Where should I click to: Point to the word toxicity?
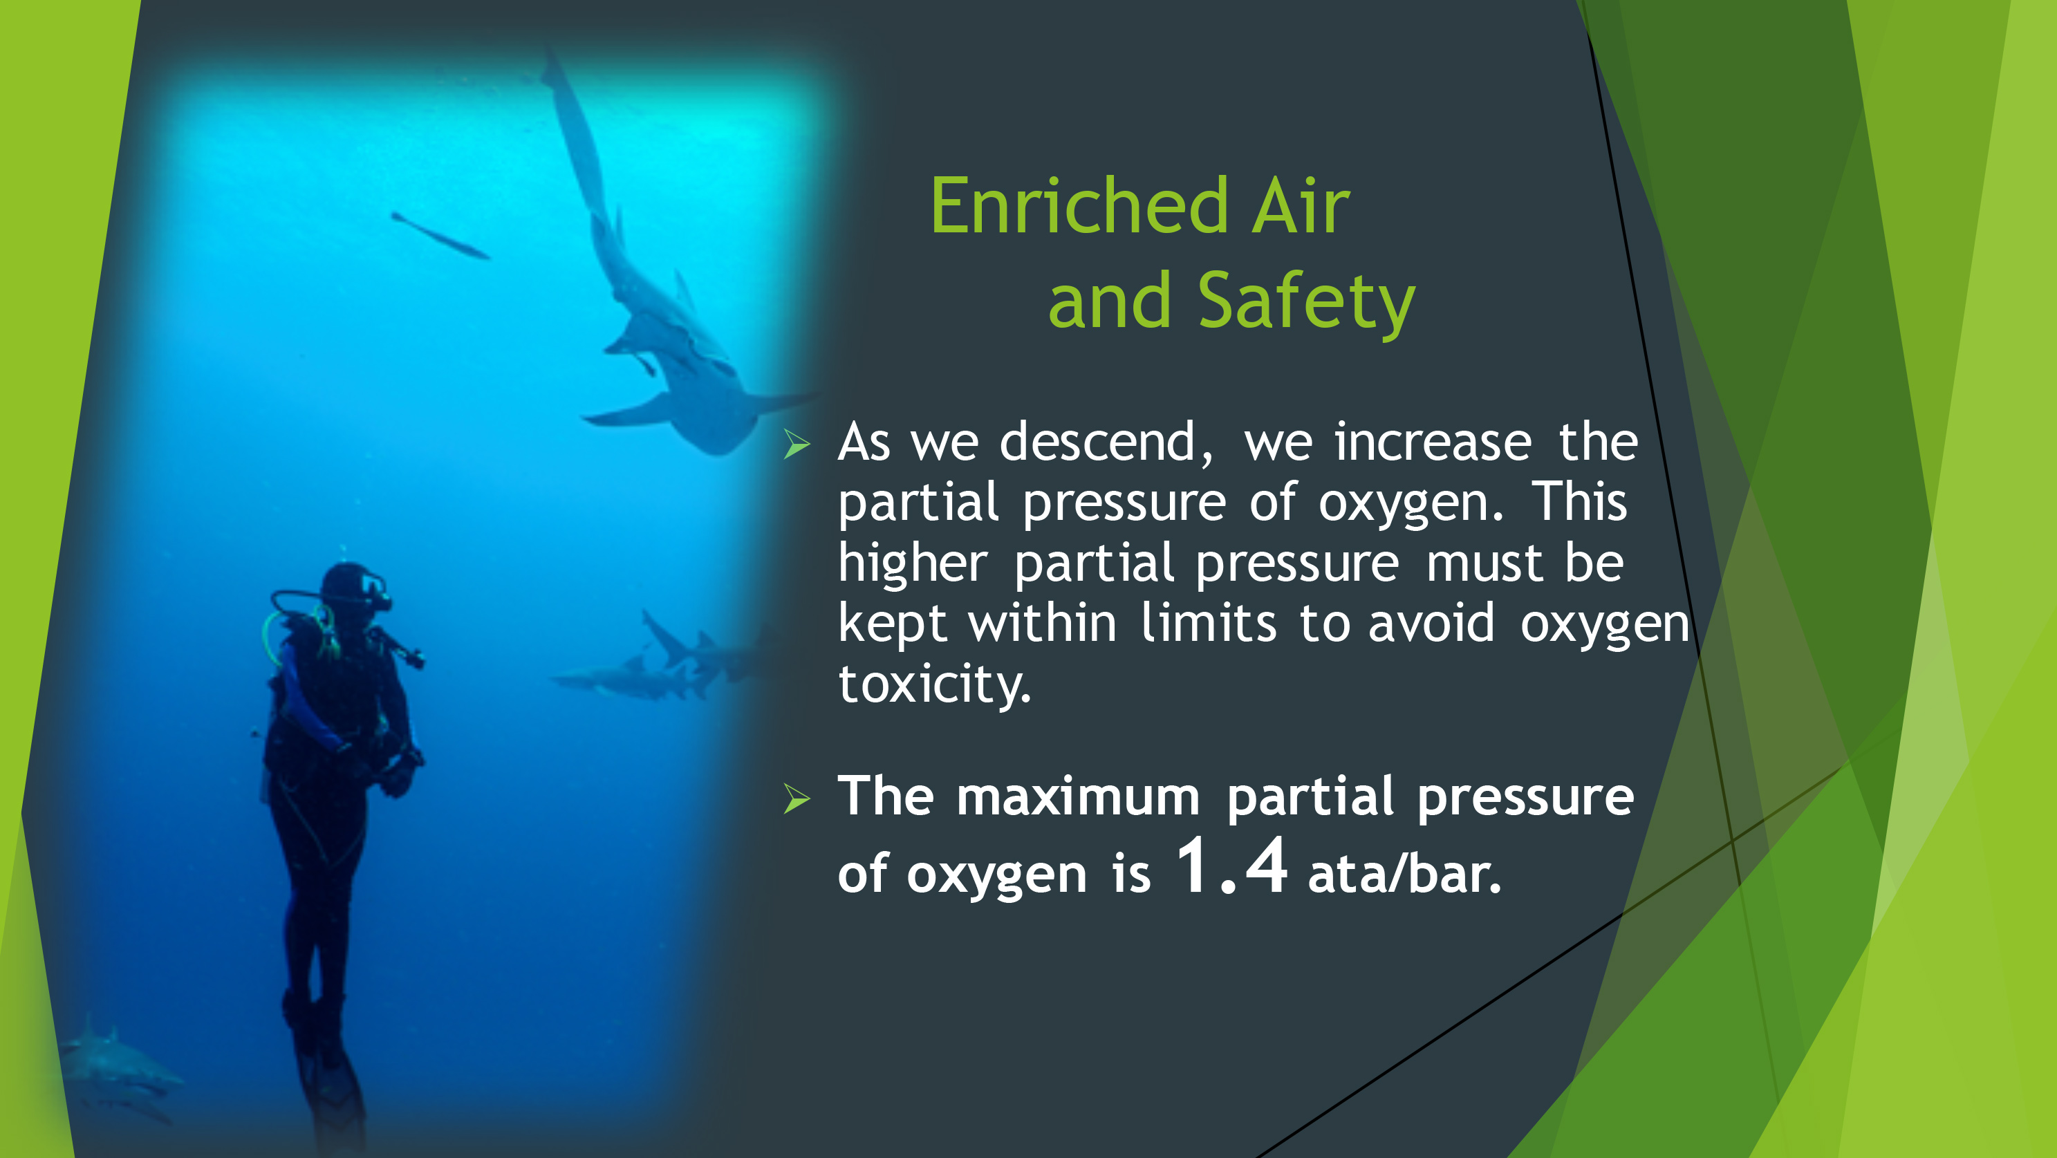934,684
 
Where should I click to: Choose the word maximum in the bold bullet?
1078,797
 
